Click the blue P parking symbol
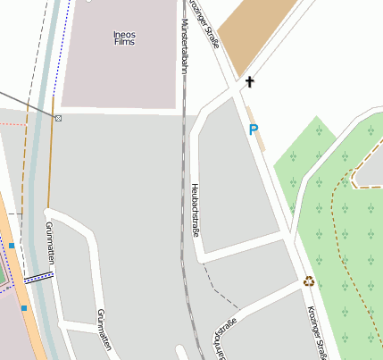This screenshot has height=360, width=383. coord(254,130)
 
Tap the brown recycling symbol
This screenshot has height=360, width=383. coord(309,281)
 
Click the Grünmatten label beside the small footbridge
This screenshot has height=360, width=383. coord(48,243)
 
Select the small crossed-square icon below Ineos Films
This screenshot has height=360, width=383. coord(59,118)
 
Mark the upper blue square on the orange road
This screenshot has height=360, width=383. coord(12,245)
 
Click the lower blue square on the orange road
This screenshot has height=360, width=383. coord(24,308)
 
